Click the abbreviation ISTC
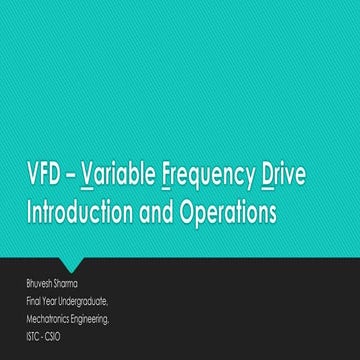(34, 336)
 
